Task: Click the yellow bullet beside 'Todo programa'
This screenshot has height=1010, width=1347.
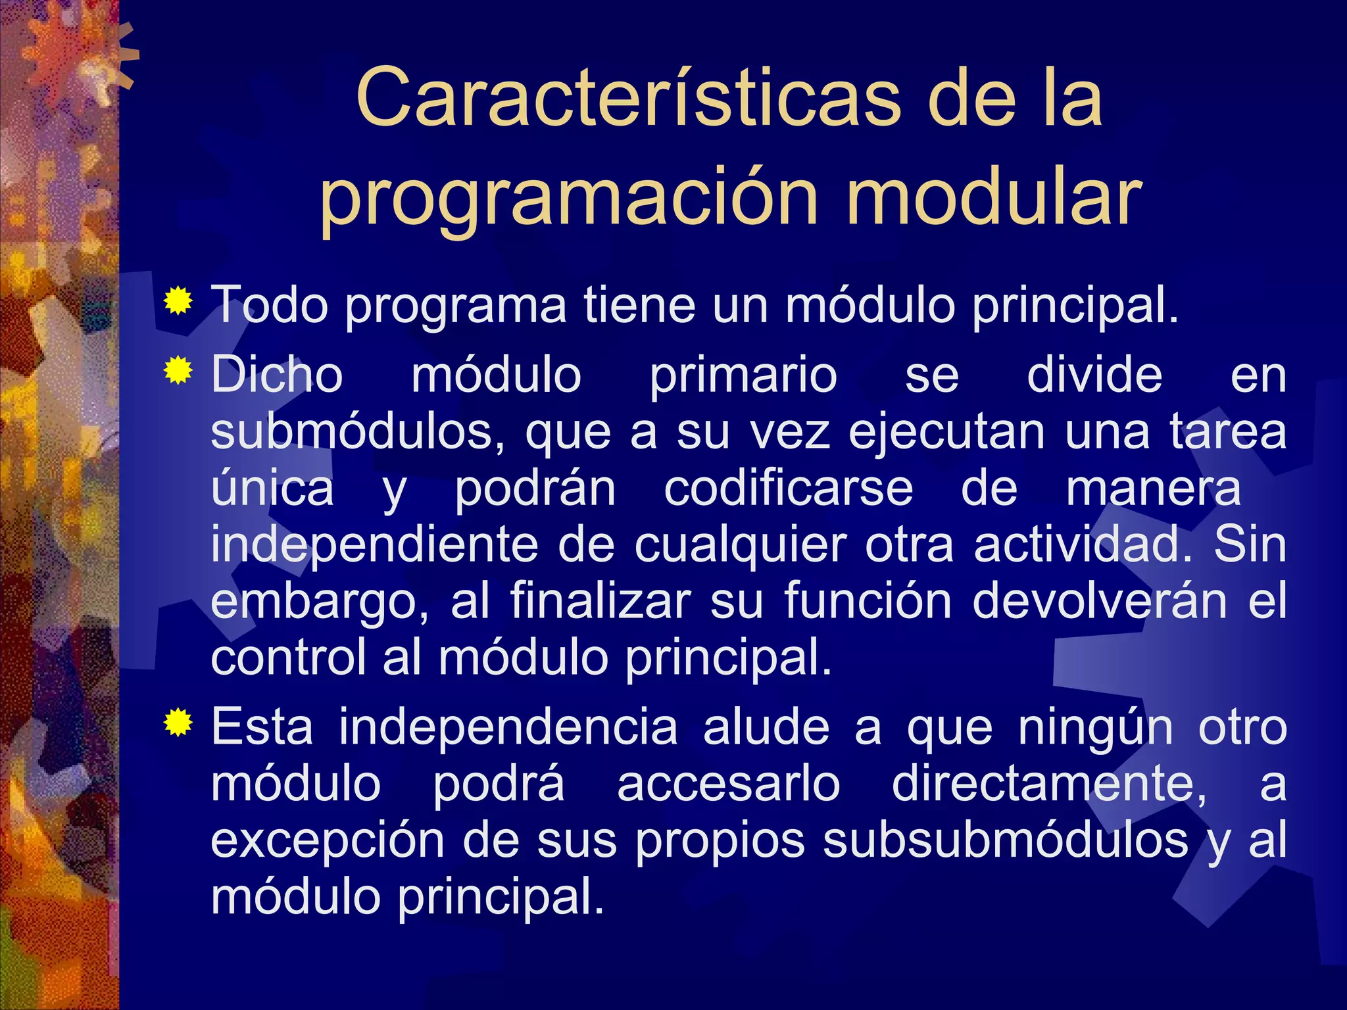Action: [178, 302]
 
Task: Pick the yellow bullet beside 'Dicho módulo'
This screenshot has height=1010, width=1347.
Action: [178, 371]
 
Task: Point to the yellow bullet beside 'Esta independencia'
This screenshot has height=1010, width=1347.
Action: [178, 723]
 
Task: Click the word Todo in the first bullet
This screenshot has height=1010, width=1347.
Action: [270, 305]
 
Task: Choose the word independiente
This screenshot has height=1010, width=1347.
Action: [374, 546]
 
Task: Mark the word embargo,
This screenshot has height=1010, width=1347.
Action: [320, 602]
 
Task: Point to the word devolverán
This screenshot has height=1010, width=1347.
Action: [1099, 601]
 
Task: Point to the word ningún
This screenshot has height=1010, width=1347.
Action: [1095, 729]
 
